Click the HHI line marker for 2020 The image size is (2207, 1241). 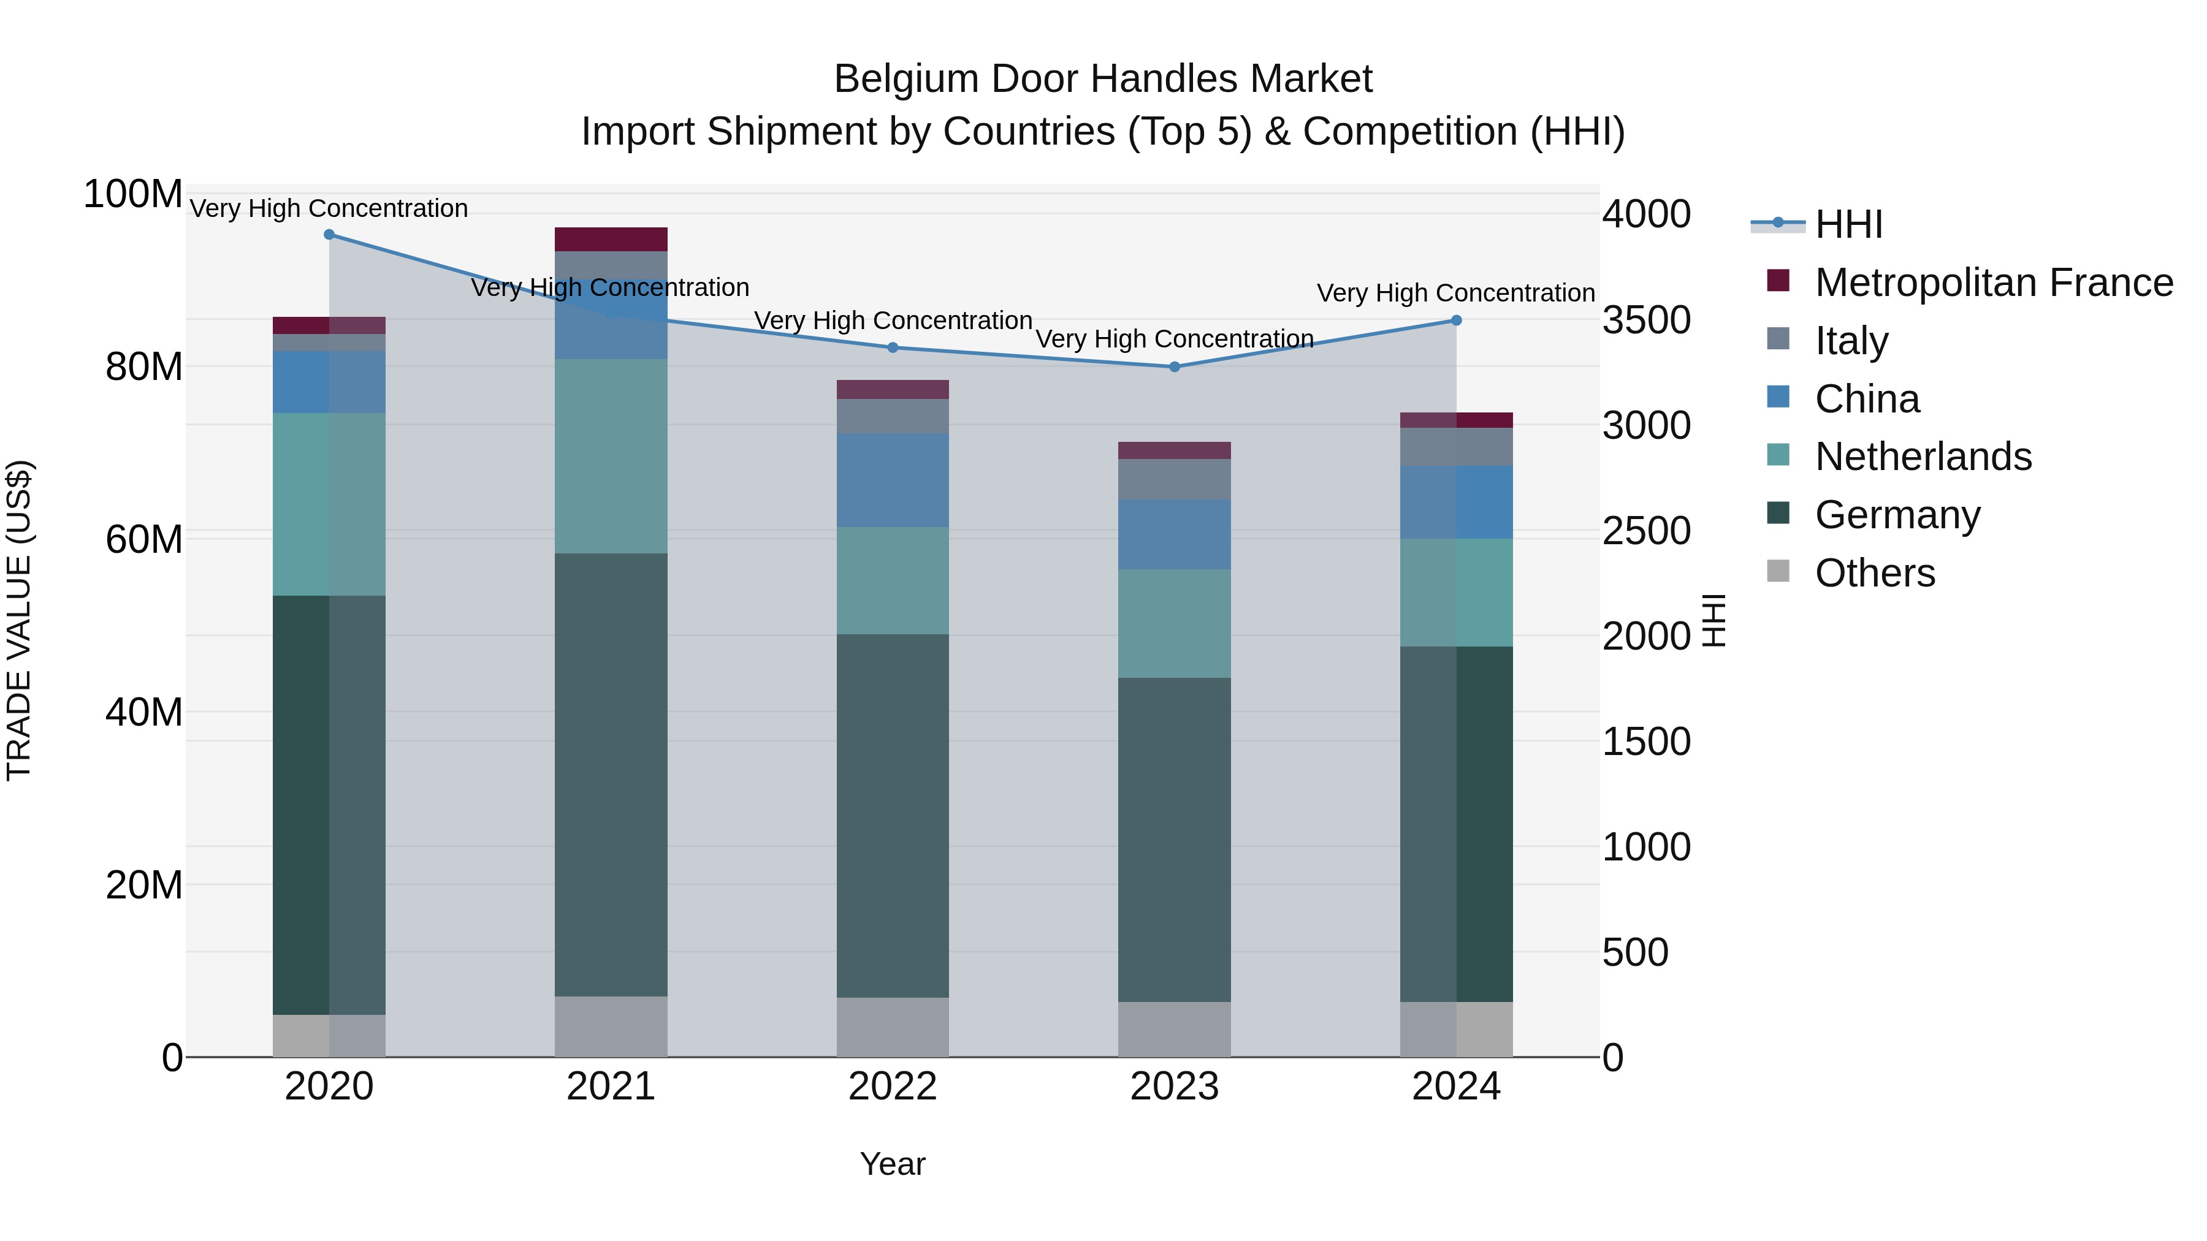329,235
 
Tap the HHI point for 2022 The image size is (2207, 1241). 893,347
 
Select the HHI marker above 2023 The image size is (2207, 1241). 1175,366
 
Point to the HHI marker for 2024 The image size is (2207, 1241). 1457,321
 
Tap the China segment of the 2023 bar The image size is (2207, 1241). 1175,534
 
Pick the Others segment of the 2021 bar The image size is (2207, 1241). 611,1026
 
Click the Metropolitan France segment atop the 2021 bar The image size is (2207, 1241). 611,239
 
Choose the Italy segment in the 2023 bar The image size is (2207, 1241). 1175,479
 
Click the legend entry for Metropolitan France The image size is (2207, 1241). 1994,283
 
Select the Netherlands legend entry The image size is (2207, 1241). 1923,457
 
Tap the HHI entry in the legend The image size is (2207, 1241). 1848,224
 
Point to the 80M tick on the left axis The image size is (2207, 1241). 144,366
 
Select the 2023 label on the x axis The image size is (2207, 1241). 1175,1087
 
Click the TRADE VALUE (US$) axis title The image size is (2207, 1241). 20,620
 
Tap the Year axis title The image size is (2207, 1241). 893,1164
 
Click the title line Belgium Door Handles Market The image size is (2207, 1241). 1103,79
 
